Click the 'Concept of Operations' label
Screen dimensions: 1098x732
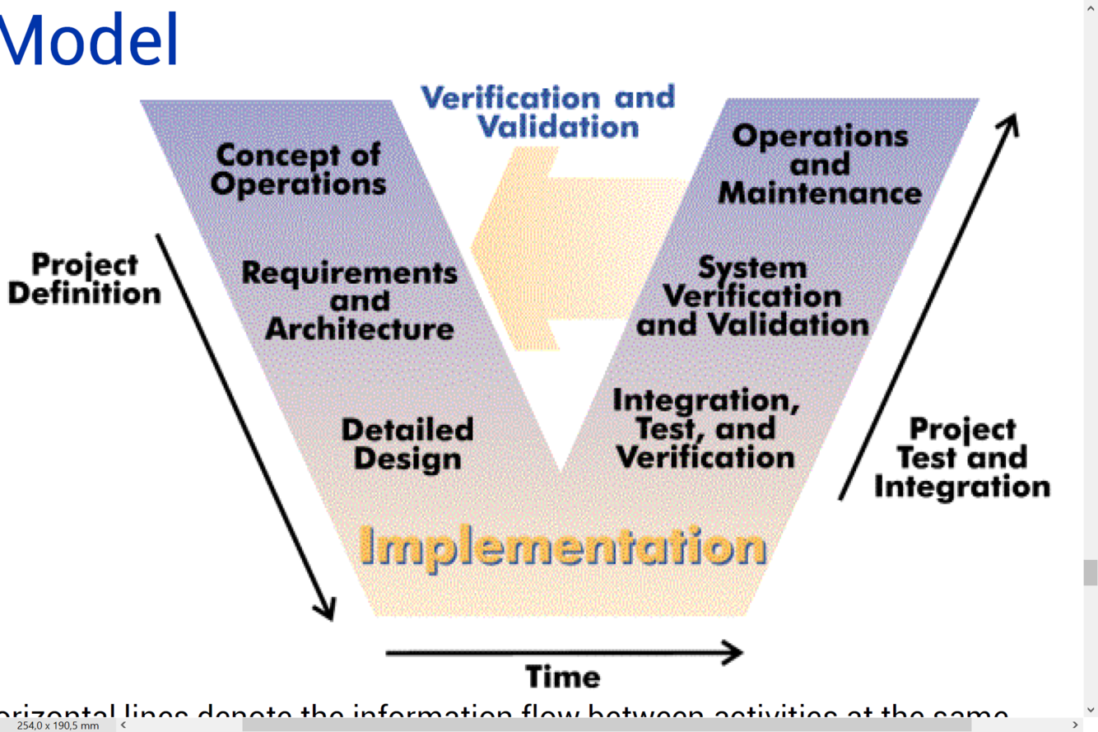[298, 169]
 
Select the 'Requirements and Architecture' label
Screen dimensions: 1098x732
[350, 301]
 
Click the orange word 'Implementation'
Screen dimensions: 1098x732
[563, 546]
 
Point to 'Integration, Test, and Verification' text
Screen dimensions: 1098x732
[705, 428]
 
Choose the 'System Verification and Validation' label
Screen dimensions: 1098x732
[752, 296]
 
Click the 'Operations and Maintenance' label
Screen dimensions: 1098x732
[820, 164]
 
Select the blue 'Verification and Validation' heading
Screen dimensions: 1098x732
[548, 111]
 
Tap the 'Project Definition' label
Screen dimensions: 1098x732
[84, 279]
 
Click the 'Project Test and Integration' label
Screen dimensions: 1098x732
[962, 457]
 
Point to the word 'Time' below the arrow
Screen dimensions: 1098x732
[563, 677]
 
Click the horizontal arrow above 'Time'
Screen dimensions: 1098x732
[560, 653]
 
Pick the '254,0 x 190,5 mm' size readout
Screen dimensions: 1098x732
[58, 725]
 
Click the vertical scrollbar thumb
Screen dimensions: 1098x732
[1091, 572]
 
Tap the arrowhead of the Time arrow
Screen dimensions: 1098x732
[733, 653]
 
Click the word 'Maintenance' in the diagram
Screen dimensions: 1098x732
[820, 193]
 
